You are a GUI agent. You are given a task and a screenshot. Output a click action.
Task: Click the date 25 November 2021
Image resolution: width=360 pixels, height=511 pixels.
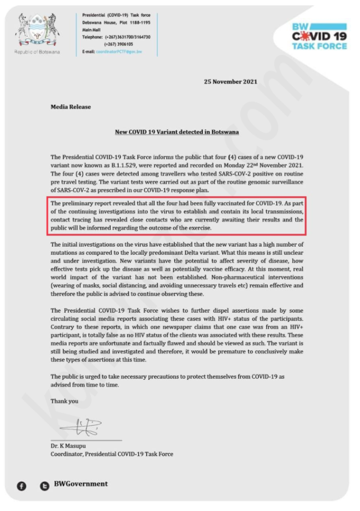click(230, 81)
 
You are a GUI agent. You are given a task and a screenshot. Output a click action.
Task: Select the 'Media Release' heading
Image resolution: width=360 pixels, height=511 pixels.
click(70, 107)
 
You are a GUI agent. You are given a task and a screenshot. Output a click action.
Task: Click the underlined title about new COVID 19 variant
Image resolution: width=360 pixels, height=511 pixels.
click(177, 132)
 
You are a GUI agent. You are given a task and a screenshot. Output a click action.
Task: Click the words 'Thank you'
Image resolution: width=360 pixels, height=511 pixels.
click(64, 401)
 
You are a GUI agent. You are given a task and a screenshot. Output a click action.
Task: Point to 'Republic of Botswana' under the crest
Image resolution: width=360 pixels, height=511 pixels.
click(37, 52)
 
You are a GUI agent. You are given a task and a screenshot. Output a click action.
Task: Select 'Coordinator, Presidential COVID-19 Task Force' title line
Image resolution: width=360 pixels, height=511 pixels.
click(112, 454)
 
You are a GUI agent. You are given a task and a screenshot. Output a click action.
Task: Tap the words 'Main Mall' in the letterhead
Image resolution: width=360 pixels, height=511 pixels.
click(93, 31)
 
